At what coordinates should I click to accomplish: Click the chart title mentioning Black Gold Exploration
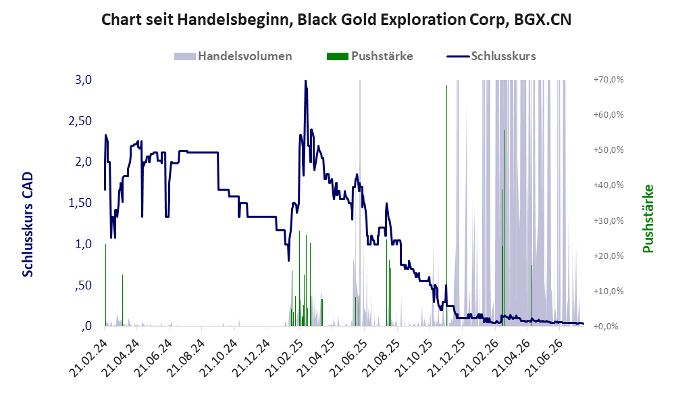pyautogui.click(x=336, y=20)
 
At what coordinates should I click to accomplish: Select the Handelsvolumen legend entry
pyautogui.click(x=233, y=56)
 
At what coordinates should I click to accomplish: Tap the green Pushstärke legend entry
pyautogui.click(x=369, y=56)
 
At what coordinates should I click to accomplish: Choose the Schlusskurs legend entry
pyautogui.click(x=491, y=56)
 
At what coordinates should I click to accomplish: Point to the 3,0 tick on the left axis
pyautogui.click(x=83, y=80)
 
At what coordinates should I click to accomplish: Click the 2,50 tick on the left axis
pyautogui.click(x=80, y=121)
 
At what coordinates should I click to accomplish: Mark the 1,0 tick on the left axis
pyautogui.click(x=83, y=244)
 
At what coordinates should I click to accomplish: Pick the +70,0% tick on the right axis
pyautogui.click(x=608, y=80)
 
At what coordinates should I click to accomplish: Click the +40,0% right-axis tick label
pyautogui.click(x=608, y=185)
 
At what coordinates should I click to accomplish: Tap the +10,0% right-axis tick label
pyautogui.click(x=608, y=291)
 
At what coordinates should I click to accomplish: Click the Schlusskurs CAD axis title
pyautogui.click(x=28, y=225)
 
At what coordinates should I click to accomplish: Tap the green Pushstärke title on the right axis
pyautogui.click(x=648, y=218)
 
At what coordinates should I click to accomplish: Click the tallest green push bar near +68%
pyautogui.click(x=446, y=206)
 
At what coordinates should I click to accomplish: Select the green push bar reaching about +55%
pyautogui.click(x=504, y=228)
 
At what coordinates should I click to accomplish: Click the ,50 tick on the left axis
pyautogui.click(x=83, y=285)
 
